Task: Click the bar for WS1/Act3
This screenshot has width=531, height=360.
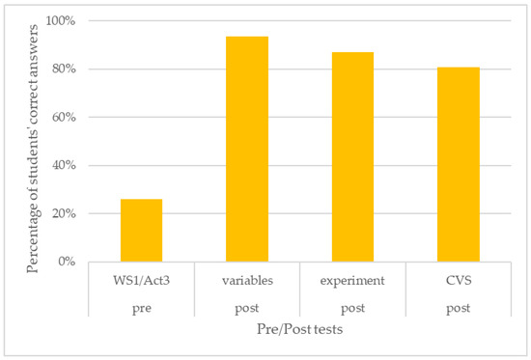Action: coord(141,230)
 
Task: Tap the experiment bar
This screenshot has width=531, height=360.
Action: coord(352,156)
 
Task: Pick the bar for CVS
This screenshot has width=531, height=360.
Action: coord(459,164)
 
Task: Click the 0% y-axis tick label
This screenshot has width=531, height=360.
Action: coord(66,262)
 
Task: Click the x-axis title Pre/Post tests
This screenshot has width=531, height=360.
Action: coord(299,331)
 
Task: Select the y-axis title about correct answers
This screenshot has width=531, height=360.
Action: coord(35,143)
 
